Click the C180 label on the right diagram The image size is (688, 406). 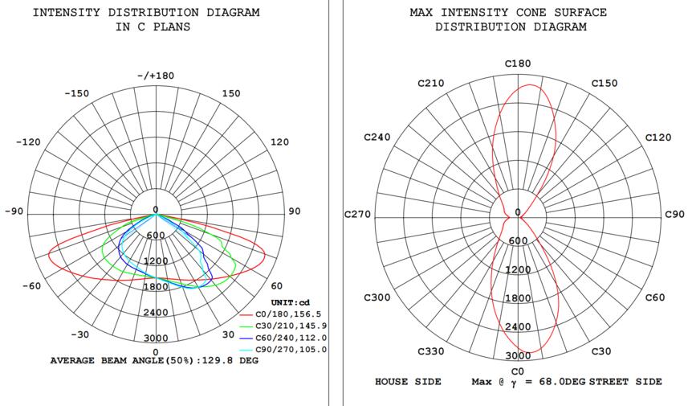tap(518, 64)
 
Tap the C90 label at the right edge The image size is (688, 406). tap(674, 215)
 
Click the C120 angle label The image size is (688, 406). tap(658, 137)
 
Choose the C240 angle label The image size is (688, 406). tap(377, 137)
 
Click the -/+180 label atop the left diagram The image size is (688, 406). tap(155, 76)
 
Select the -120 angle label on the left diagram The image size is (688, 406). tap(28, 141)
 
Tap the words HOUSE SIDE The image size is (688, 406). tap(408, 381)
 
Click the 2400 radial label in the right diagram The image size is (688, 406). tap(518, 326)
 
